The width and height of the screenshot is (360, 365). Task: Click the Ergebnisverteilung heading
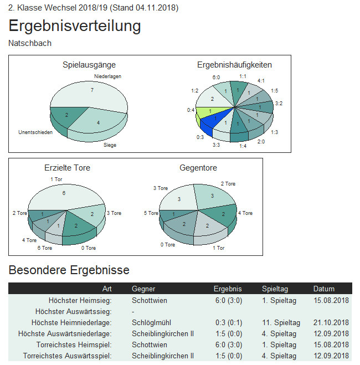(75, 26)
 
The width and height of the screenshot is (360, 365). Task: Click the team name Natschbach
(30, 43)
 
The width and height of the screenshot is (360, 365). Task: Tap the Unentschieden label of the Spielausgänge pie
(35, 132)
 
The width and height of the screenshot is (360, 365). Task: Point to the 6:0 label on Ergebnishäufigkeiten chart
(216, 78)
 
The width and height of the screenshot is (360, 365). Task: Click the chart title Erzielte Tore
(67, 167)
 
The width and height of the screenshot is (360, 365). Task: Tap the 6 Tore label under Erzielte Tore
(45, 248)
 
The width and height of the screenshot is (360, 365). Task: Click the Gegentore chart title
(198, 167)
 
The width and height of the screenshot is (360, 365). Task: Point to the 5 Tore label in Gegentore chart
(152, 213)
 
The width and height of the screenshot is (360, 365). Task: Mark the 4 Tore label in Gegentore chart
(245, 213)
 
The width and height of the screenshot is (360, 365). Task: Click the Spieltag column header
(275, 289)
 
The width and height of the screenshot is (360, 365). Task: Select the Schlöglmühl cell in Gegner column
(151, 322)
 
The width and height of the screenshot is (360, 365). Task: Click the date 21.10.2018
(331, 322)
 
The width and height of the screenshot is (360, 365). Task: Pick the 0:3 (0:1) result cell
(228, 322)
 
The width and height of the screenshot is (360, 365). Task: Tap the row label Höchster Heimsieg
(80, 300)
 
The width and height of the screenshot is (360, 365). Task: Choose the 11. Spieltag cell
(281, 322)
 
